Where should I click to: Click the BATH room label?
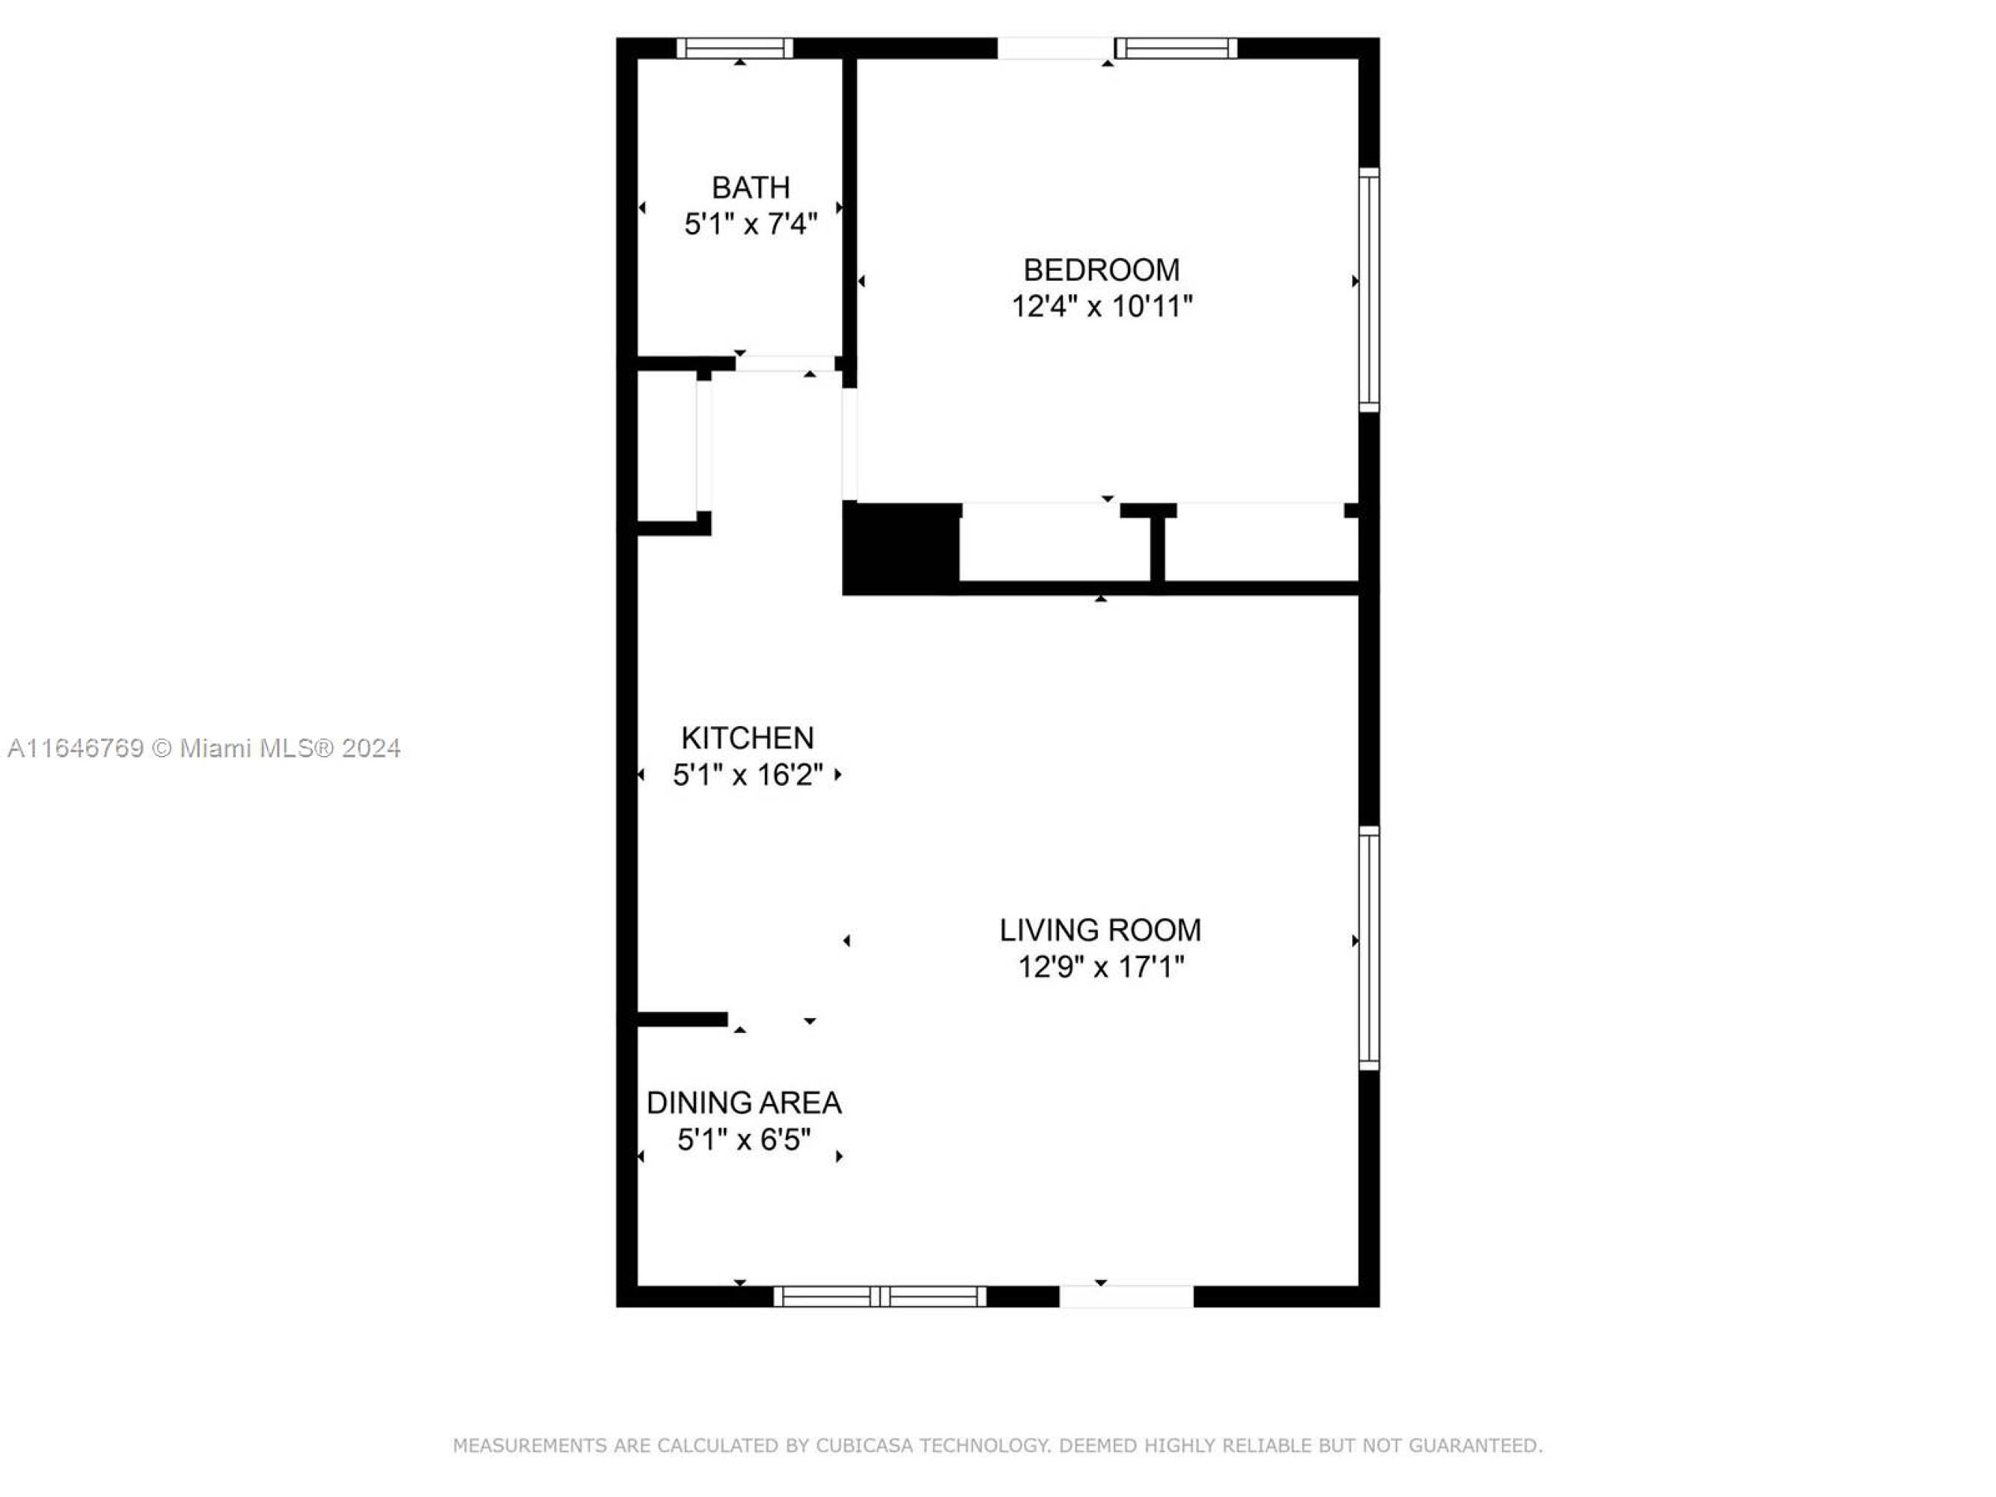[x=751, y=188]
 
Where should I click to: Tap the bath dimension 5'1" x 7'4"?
[x=751, y=224]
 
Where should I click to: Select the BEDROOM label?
[x=1101, y=269]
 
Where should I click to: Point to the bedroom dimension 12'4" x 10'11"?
[x=1102, y=307]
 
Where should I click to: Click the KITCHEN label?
[x=747, y=738]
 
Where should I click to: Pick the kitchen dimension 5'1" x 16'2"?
[x=748, y=774]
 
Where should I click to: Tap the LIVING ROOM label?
[x=1100, y=930]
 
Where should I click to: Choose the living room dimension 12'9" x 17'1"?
[x=1101, y=967]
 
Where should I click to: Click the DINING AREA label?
[x=743, y=1103]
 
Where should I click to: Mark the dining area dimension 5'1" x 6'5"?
[x=745, y=1140]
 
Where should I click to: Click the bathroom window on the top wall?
[x=734, y=48]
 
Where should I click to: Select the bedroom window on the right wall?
[x=1369, y=290]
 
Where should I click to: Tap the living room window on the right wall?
[x=1369, y=948]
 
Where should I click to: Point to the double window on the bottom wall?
[x=880, y=1296]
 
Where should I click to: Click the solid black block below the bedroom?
[x=900, y=548]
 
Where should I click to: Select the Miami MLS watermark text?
[x=204, y=748]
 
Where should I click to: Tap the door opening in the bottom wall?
[x=1126, y=1296]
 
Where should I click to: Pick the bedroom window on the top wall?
[x=1176, y=48]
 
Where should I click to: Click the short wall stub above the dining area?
[x=683, y=1019]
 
